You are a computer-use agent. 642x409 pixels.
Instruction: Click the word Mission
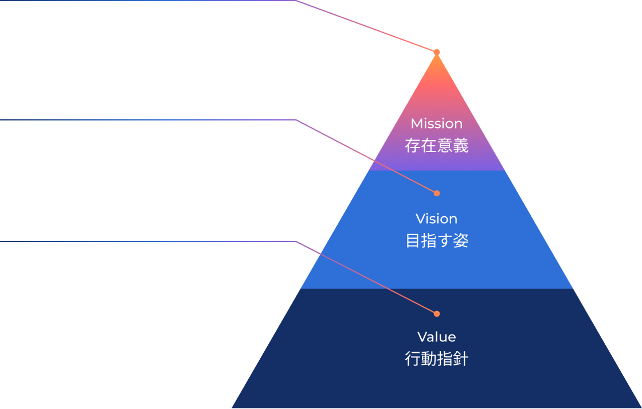(x=436, y=123)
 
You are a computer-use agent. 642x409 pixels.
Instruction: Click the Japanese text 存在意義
(x=437, y=146)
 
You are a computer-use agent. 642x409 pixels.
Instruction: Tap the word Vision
(x=436, y=219)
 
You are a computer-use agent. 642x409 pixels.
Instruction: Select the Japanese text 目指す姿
(x=437, y=241)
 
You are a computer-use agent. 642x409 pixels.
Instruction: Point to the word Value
(x=436, y=337)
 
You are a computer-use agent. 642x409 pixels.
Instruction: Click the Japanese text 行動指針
(x=437, y=359)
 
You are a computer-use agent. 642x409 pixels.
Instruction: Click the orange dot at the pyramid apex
(x=437, y=52)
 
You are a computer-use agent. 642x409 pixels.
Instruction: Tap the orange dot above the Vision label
(x=437, y=193)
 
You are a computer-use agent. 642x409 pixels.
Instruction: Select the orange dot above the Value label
(x=437, y=314)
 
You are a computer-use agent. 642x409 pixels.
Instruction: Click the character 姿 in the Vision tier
(x=461, y=241)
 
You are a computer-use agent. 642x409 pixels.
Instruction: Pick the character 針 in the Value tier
(x=461, y=359)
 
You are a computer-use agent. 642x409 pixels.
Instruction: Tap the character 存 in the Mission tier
(x=413, y=146)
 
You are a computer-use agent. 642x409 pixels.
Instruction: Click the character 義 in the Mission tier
(x=461, y=146)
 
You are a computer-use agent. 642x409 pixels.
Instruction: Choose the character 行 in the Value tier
(x=413, y=359)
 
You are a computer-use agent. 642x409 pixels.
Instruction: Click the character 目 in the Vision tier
(x=413, y=241)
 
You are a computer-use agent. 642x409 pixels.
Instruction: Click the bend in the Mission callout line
(x=295, y=1)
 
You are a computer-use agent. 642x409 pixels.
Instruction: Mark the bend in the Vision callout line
(x=295, y=120)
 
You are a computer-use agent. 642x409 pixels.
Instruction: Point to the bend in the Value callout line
(x=295, y=241)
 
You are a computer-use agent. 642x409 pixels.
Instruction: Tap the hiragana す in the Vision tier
(x=445, y=241)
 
